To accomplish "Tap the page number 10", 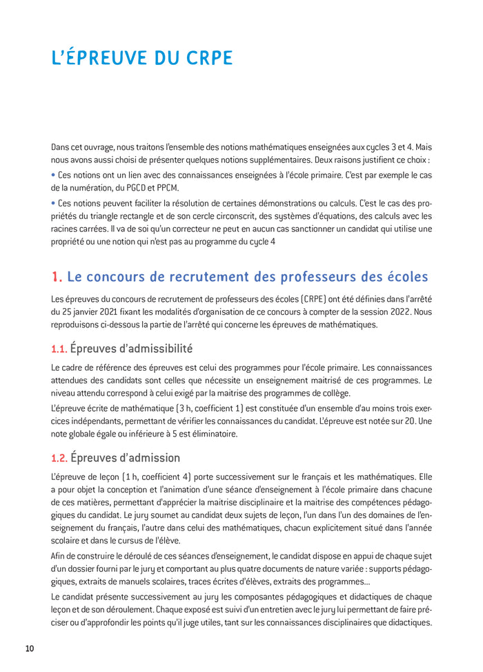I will tap(29, 648).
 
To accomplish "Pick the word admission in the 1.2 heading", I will tap(150, 457).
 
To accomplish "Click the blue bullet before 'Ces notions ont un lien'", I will tap(53, 175).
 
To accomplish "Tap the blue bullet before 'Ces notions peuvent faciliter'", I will tap(53, 204).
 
